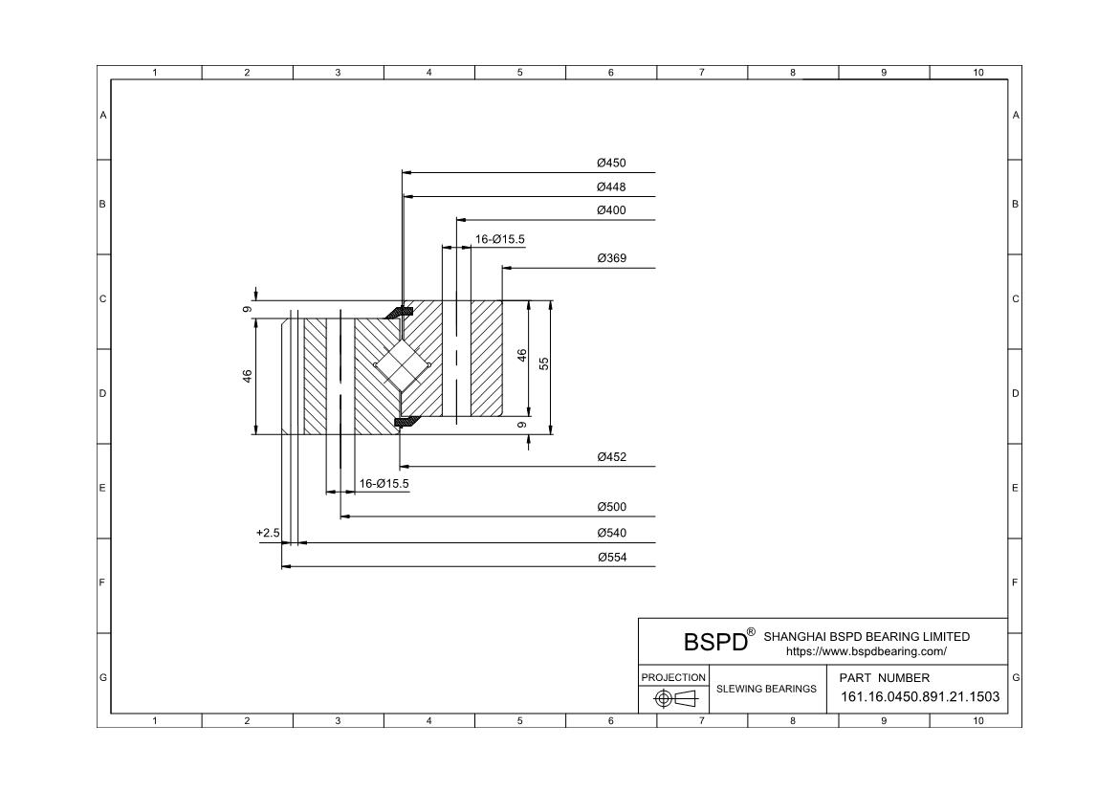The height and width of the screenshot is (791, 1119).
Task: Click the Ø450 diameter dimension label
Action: [x=611, y=163]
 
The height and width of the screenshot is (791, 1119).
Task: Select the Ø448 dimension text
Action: [x=611, y=187]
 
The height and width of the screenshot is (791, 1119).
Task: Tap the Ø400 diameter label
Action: [x=611, y=209]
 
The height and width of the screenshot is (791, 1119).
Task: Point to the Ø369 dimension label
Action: [x=611, y=258]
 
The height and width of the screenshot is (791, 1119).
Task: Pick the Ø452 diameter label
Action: [x=611, y=457]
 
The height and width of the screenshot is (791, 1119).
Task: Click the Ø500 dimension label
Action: [x=611, y=507]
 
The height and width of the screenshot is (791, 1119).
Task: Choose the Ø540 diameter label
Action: [x=611, y=533]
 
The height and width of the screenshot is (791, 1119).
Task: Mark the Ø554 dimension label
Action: [x=612, y=557]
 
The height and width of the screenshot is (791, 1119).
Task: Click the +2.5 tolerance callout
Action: [x=268, y=534]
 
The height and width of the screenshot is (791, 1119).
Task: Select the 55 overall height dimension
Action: [x=544, y=363]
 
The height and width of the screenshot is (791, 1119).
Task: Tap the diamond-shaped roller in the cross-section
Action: [x=402, y=365]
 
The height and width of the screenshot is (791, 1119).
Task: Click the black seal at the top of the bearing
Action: [x=401, y=312]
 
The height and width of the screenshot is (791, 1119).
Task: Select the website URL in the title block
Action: [x=867, y=651]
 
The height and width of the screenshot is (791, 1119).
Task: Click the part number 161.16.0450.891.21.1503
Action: [x=920, y=696]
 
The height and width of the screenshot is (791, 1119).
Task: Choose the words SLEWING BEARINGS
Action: [x=766, y=689]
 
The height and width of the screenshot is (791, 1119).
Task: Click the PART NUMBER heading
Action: [x=885, y=677]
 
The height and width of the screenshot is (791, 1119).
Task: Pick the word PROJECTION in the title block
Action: [x=673, y=677]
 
